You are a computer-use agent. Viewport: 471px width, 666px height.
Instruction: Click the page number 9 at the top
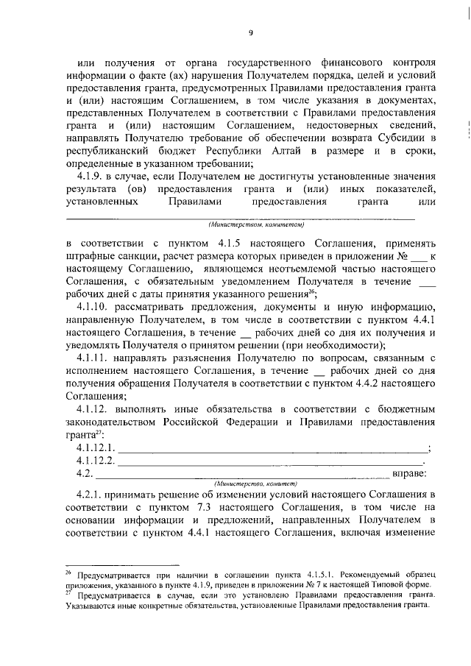[x=250, y=32]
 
